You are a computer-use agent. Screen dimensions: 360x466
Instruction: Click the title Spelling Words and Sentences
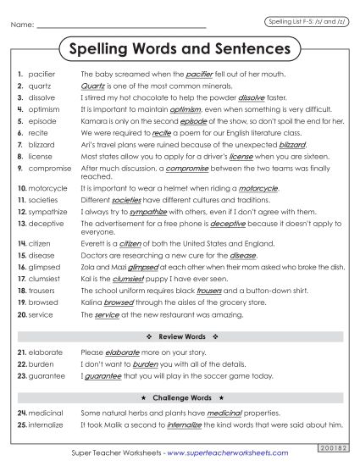point(180,49)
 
